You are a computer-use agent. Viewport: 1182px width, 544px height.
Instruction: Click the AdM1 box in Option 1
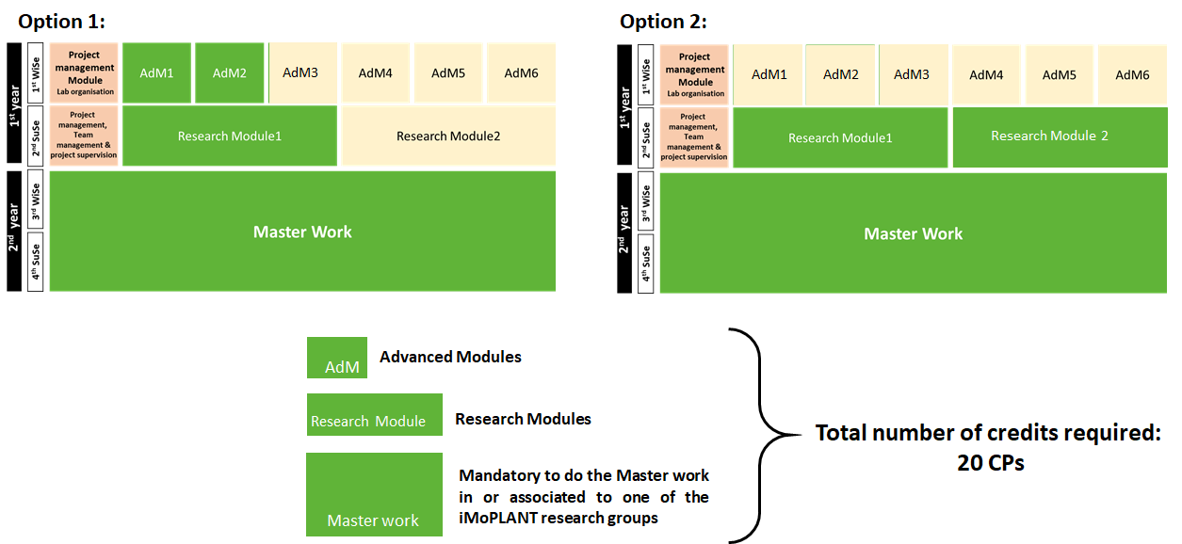156,72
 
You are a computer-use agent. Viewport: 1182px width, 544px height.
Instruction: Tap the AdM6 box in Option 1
520,72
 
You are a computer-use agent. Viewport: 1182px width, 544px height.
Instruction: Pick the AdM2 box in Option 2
841,74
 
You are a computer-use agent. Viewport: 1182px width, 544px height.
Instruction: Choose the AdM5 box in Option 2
1060,74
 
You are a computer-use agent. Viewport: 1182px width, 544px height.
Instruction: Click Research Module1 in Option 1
230,136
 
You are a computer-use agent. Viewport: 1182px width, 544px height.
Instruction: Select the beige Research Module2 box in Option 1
448,136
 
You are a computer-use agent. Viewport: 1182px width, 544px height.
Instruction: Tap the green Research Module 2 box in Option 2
1049,136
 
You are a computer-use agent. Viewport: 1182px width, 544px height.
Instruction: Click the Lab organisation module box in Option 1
84,72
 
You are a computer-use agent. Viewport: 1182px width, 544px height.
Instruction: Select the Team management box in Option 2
694,137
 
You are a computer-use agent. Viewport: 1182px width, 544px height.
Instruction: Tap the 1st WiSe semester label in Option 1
36,72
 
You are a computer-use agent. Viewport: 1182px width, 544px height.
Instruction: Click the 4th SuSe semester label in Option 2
646,263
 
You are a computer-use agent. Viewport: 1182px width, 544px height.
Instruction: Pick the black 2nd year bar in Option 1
14,231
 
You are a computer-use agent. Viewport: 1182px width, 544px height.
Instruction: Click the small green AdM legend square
337,358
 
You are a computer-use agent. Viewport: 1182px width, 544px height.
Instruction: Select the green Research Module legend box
374,414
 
